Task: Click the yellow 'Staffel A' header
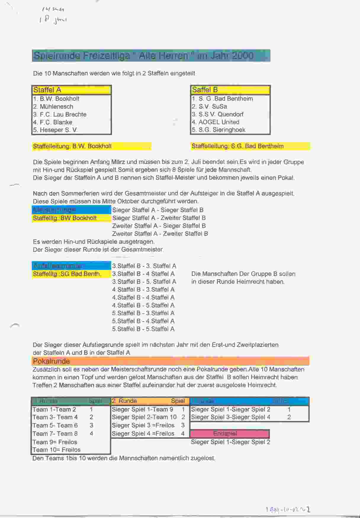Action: [71, 90]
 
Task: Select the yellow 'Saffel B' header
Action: [230, 90]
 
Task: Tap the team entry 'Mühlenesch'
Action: [56, 107]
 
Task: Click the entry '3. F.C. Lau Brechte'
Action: [60, 114]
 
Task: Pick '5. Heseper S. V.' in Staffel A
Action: [55, 130]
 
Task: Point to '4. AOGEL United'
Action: [216, 122]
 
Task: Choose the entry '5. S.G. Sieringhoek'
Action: [218, 130]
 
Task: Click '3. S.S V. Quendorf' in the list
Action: [218, 114]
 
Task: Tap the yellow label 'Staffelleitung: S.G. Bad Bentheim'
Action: [238, 146]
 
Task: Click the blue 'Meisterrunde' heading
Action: [54, 210]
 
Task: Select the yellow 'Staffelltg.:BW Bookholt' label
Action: [65, 218]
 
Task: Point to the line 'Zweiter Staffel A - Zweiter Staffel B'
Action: [160, 234]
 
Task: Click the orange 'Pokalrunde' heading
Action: [52, 361]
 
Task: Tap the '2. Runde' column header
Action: [124, 401]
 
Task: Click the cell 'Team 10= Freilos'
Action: [57, 450]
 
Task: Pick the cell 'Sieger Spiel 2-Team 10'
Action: [144, 417]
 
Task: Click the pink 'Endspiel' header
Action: [225, 434]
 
